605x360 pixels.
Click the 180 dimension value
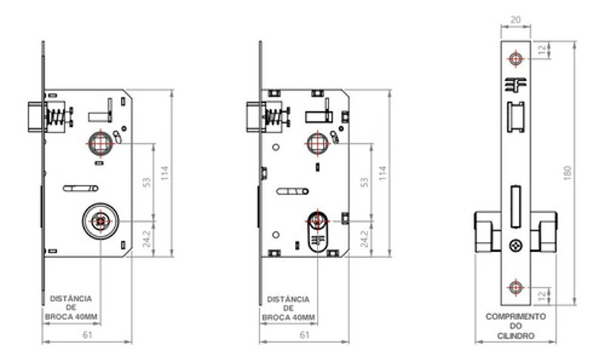567,172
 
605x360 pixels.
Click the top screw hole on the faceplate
516,58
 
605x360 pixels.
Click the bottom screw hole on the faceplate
516,285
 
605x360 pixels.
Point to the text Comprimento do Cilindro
516,324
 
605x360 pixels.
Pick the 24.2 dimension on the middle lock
365,237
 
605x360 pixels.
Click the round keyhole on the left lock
99,220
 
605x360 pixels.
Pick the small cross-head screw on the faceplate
516,245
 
